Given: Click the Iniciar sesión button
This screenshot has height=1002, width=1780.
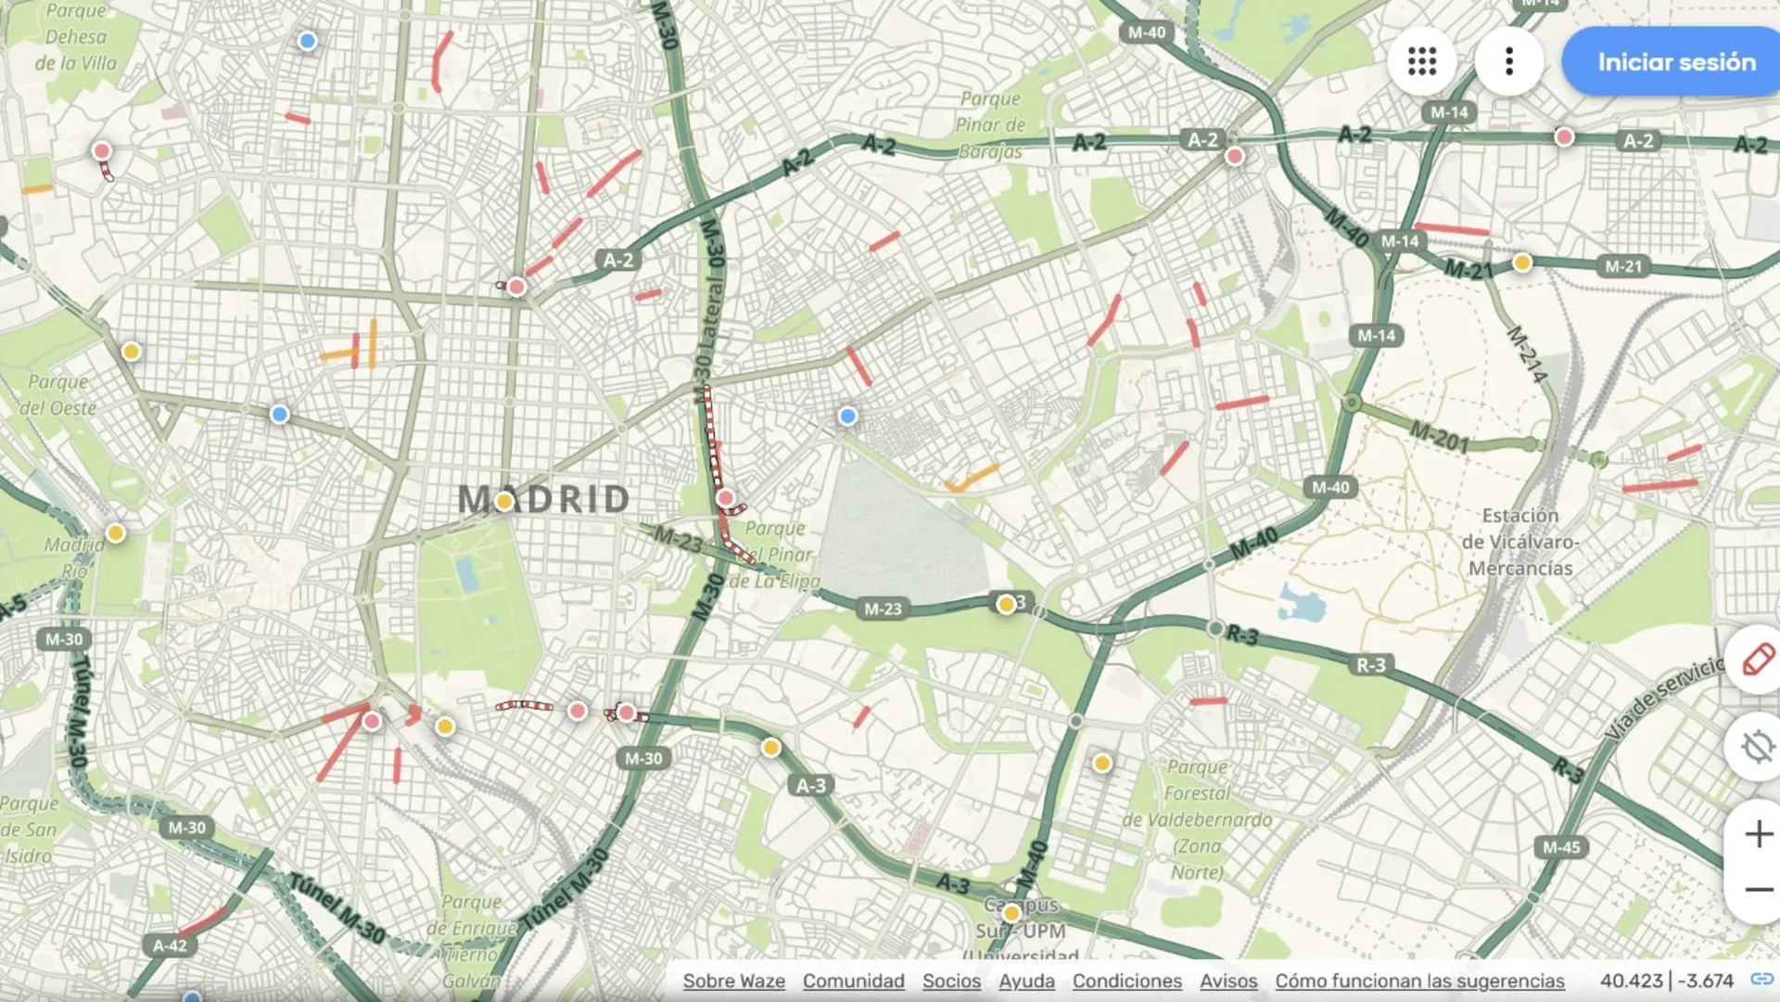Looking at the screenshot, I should (1674, 62).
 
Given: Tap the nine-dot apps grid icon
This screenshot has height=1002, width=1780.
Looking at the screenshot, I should (1421, 62).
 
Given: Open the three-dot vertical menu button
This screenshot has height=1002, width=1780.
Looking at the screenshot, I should (1509, 62).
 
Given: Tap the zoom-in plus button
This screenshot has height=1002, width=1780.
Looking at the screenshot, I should (1758, 834).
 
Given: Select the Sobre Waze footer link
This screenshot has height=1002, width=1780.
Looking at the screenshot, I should (733, 981).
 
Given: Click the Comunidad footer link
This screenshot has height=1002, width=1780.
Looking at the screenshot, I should (853, 981).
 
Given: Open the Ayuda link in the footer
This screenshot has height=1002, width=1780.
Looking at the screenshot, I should (1026, 981).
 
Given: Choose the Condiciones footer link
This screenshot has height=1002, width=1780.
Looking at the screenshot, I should (1126, 981).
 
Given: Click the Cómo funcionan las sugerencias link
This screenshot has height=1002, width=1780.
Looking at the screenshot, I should (1418, 981).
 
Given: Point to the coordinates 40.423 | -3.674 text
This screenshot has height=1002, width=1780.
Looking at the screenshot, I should (1666, 981).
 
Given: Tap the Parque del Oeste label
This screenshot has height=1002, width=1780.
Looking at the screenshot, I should (58, 395).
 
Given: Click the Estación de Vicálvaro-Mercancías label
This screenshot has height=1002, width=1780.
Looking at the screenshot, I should (1520, 542).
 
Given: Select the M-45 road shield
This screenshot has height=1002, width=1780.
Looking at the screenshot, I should (1561, 847).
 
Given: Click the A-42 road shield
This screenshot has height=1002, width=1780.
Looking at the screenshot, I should (170, 945).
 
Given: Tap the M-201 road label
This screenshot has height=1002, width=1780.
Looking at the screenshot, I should (1439, 435).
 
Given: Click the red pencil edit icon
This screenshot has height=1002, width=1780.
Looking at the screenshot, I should (1757, 660).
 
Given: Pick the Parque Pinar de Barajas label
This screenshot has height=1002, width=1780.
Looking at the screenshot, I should (990, 124).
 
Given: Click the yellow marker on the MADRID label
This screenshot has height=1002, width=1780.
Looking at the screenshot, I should (504, 502).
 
